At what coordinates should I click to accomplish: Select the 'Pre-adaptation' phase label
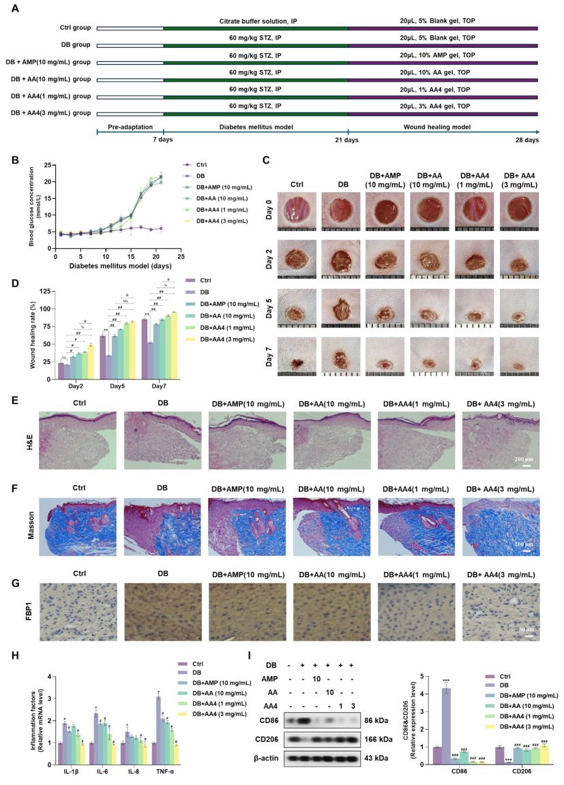(130, 127)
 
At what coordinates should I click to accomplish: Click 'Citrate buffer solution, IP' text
(256, 22)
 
